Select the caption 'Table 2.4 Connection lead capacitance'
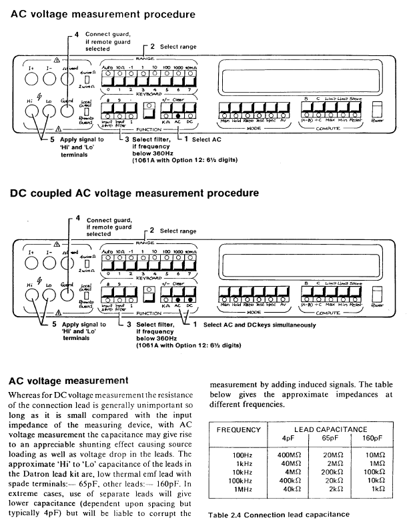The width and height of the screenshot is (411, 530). pos(279,515)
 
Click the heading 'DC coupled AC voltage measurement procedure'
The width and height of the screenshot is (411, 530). pos(134,194)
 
